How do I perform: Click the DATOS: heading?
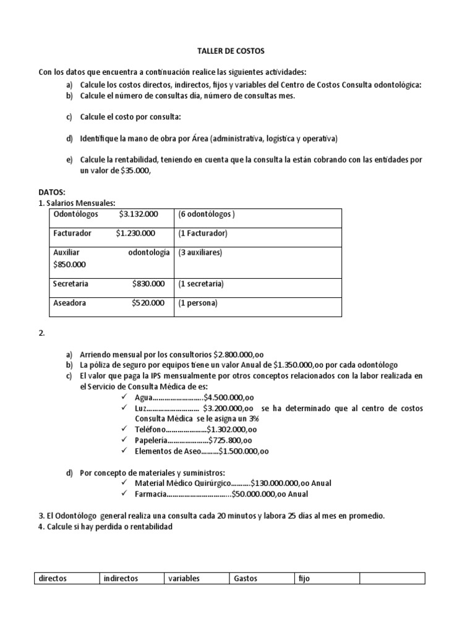pyautogui.click(x=51, y=192)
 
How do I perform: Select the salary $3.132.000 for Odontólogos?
pyautogui.click(x=139, y=214)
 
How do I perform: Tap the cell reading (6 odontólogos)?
pyautogui.click(x=206, y=214)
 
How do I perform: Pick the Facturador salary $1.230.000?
pyautogui.click(x=135, y=233)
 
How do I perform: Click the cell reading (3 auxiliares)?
pyautogui.click(x=200, y=252)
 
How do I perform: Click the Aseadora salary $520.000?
pyautogui.click(x=148, y=303)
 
